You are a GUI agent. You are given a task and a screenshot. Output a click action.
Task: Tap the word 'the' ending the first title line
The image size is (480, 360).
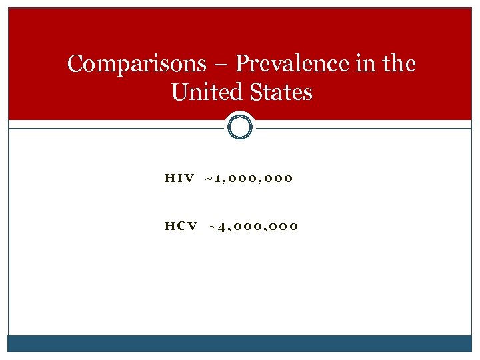tap(399, 64)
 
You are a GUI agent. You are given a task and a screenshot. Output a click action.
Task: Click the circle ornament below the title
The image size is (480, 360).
tap(240, 125)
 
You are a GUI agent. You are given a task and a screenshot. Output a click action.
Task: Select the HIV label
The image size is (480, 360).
tap(179, 179)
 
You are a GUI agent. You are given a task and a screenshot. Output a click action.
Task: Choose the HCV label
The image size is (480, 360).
tap(181, 227)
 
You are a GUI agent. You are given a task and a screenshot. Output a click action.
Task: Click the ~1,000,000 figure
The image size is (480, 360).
tap(249, 179)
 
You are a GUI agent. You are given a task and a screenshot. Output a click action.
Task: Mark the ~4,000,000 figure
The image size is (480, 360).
tap(253, 227)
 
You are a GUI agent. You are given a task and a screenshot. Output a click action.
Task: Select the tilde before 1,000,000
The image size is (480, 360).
tap(209, 179)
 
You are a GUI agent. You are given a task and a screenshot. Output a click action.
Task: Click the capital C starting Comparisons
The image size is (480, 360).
tap(75, 64)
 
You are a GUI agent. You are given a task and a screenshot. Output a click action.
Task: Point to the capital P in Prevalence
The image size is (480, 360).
tap(242, 64)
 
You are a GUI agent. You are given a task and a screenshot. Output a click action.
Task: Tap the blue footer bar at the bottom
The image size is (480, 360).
tap(240, 343)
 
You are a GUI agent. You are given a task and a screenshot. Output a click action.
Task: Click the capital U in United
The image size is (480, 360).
tap(179, 92)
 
